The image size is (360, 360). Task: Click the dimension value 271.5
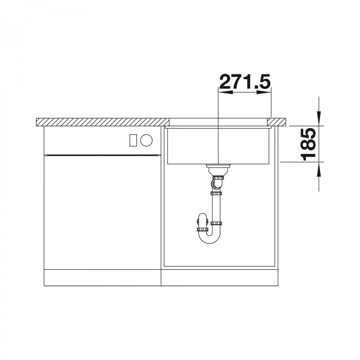coord(245,81)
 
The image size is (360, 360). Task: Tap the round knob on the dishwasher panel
coord(146,140)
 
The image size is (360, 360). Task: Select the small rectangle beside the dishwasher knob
coord(133,140)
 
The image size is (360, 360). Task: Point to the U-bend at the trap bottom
coord(209,238)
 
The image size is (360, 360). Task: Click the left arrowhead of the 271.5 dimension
coord(226,92)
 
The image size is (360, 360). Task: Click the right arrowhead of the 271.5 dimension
coord(264,92)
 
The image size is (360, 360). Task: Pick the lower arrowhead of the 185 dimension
coord(319,169)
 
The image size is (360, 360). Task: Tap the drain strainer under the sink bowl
coord(218,169)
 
